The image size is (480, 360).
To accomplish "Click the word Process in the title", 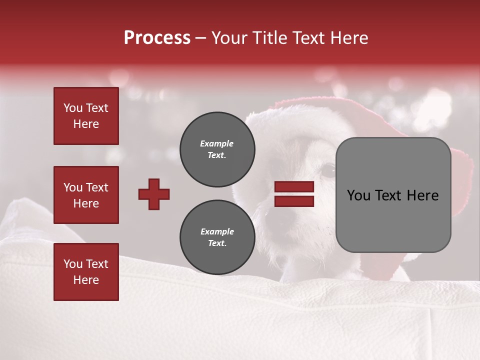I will pos(157,38).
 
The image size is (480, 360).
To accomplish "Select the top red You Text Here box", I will pos(86,116).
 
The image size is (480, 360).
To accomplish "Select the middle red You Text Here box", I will pos(86,195).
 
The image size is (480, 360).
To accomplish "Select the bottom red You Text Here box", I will pos(86,272).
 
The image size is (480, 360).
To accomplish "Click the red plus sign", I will pos(154,194).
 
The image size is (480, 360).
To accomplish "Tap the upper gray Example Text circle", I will pos(217,149).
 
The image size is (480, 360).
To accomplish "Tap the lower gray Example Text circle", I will pos(217,237).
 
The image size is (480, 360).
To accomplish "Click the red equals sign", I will pos(294,194).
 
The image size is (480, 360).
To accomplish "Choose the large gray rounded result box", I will pos(393,195).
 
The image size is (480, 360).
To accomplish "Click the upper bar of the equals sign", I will pos(294,187).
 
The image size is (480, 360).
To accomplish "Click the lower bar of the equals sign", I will pos(294,201).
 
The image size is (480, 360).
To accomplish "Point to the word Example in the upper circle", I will pos(217,144).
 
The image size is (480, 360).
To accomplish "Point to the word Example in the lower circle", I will pos(217,232).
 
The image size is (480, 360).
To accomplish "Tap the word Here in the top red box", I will pos(86,124).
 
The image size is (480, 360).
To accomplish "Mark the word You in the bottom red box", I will pos(73,264).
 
